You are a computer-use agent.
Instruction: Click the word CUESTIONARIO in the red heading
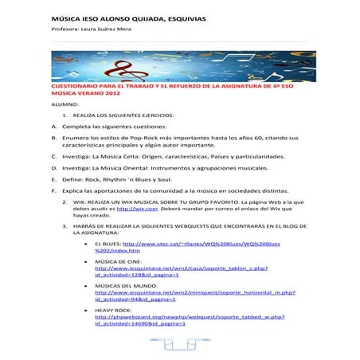(75, 84)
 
